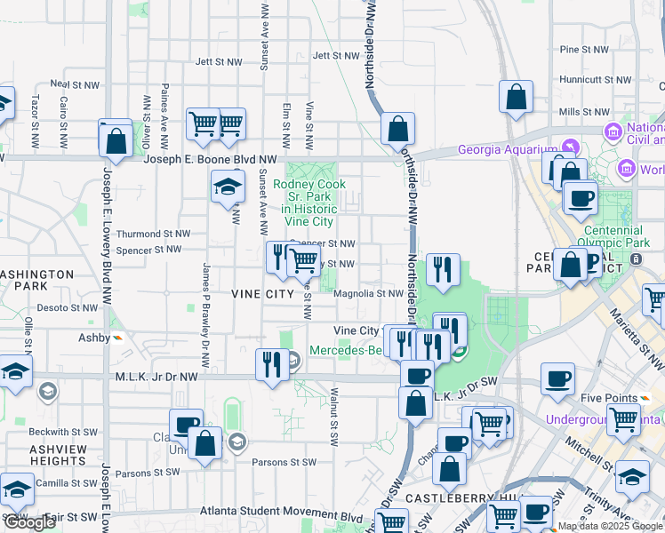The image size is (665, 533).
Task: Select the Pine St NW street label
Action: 583,50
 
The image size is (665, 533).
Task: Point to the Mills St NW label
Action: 582,112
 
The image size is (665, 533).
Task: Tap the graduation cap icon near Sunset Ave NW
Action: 228,187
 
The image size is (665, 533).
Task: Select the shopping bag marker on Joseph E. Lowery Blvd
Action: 116,139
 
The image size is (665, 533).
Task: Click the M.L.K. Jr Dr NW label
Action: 156,377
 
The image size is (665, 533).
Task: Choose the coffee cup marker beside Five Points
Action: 558,379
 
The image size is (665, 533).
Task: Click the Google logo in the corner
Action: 29,522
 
